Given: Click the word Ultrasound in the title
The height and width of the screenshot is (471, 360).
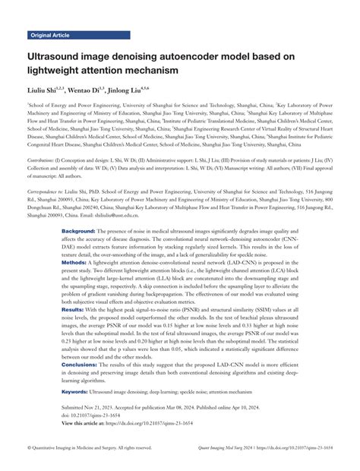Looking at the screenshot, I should (58, 57).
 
